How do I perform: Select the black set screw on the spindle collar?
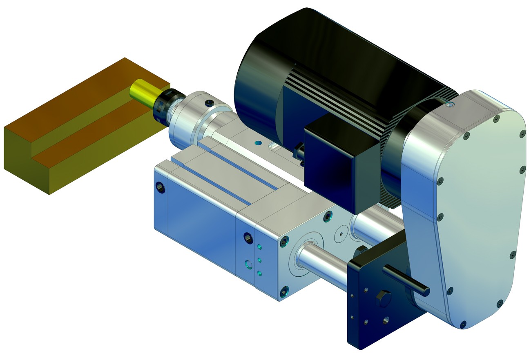(210, 102)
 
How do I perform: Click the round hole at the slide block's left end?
(161, 187)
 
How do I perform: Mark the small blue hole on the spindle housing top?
(257, 143)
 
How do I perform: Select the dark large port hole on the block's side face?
(247, 237)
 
